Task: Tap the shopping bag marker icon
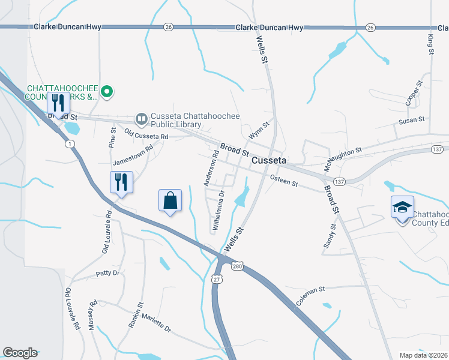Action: (x=170, y=200)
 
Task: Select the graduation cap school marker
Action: (x=402, y=208)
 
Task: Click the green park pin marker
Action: (x=107, y=92)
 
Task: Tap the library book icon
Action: (x=142, y=119)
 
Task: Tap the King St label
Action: (x=430, y=45)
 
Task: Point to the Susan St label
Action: (x=412, y=121)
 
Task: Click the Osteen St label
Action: (x=284, y=180)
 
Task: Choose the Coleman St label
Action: (x=310, y=296)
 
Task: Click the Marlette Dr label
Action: (x=157, y=325)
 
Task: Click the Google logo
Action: (x=20, y=353)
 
